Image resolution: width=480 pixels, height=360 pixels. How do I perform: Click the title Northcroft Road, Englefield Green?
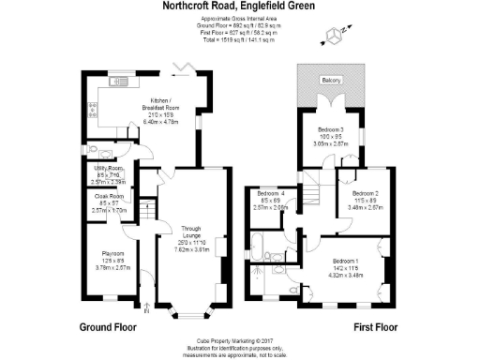(x=240, y=8)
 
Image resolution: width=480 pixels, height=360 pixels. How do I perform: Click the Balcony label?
(x=330, y=81)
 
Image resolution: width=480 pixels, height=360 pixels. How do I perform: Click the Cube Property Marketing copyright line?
(x=239, y=342)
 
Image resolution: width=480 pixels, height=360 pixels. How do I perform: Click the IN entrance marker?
(x=144, y=308)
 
